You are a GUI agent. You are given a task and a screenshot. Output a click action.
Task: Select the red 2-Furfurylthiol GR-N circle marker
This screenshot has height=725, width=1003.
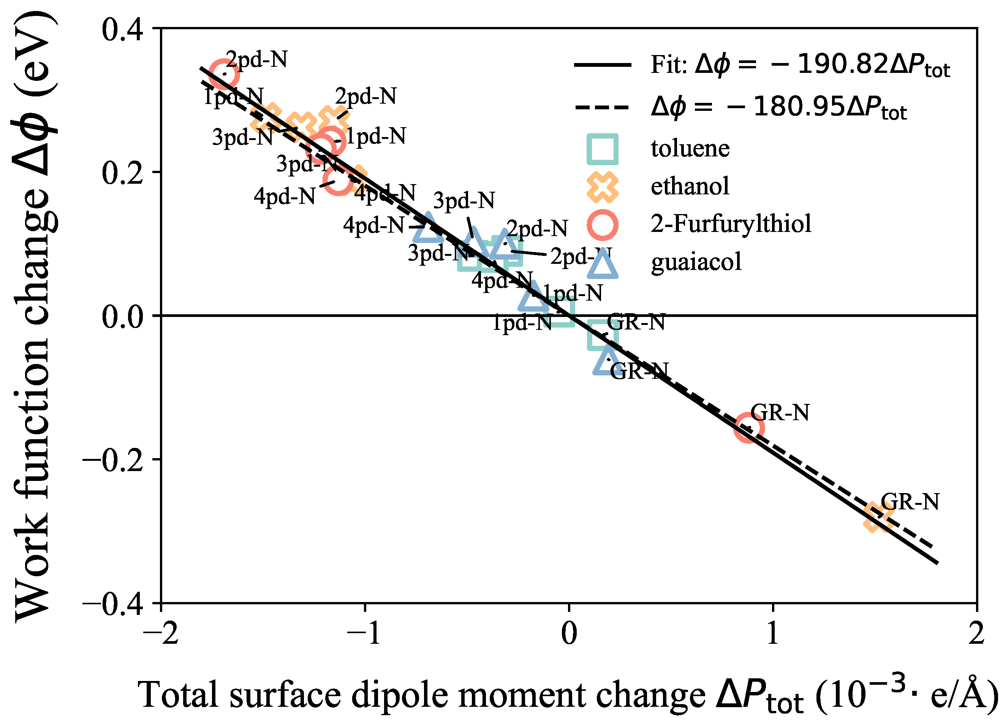(749, 428)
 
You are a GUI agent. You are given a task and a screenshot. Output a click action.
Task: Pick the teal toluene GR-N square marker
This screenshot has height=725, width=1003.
(602, 335)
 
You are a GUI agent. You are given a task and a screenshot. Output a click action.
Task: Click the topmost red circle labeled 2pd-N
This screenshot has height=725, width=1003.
(224, 74)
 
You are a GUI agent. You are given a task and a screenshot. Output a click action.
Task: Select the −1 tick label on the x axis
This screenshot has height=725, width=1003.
(364, 634)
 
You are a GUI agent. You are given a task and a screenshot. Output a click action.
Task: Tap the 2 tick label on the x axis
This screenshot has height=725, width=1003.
(976, 634)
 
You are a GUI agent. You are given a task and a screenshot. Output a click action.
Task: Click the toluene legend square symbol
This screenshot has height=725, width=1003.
(602, 149)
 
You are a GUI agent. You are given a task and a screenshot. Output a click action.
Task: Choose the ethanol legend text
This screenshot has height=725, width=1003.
(690, 186)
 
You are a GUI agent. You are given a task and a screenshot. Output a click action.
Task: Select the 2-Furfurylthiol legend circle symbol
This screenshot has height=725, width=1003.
(602, 224)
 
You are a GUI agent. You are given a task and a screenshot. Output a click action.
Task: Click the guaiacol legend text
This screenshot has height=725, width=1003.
(696, 262)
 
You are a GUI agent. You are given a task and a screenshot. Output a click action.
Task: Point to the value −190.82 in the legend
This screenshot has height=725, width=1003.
(842, 65)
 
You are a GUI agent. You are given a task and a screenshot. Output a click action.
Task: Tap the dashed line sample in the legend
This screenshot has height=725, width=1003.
(602, 107)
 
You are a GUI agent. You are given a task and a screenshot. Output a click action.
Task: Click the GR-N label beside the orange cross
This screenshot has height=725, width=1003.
(910, 502)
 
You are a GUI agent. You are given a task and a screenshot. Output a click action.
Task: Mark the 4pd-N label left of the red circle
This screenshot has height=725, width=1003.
(284, 196)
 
